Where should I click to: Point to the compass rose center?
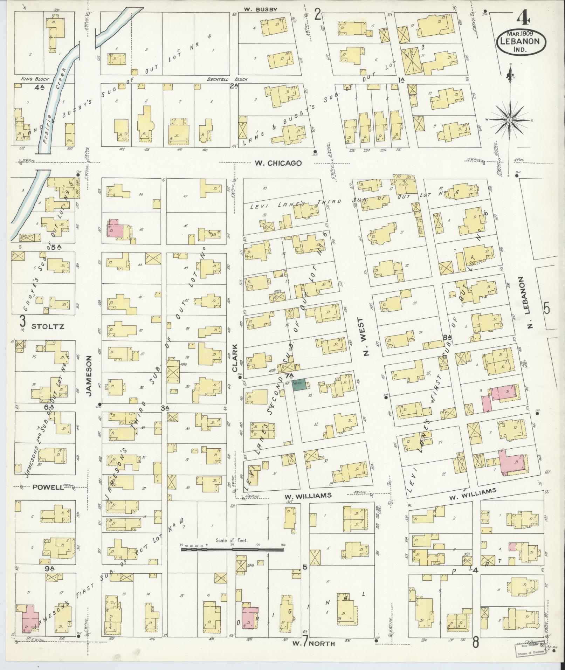tap(510, 120)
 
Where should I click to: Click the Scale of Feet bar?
tap(232, 550)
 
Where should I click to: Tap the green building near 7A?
tap(299, 384)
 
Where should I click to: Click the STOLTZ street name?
tap(48, 327)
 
